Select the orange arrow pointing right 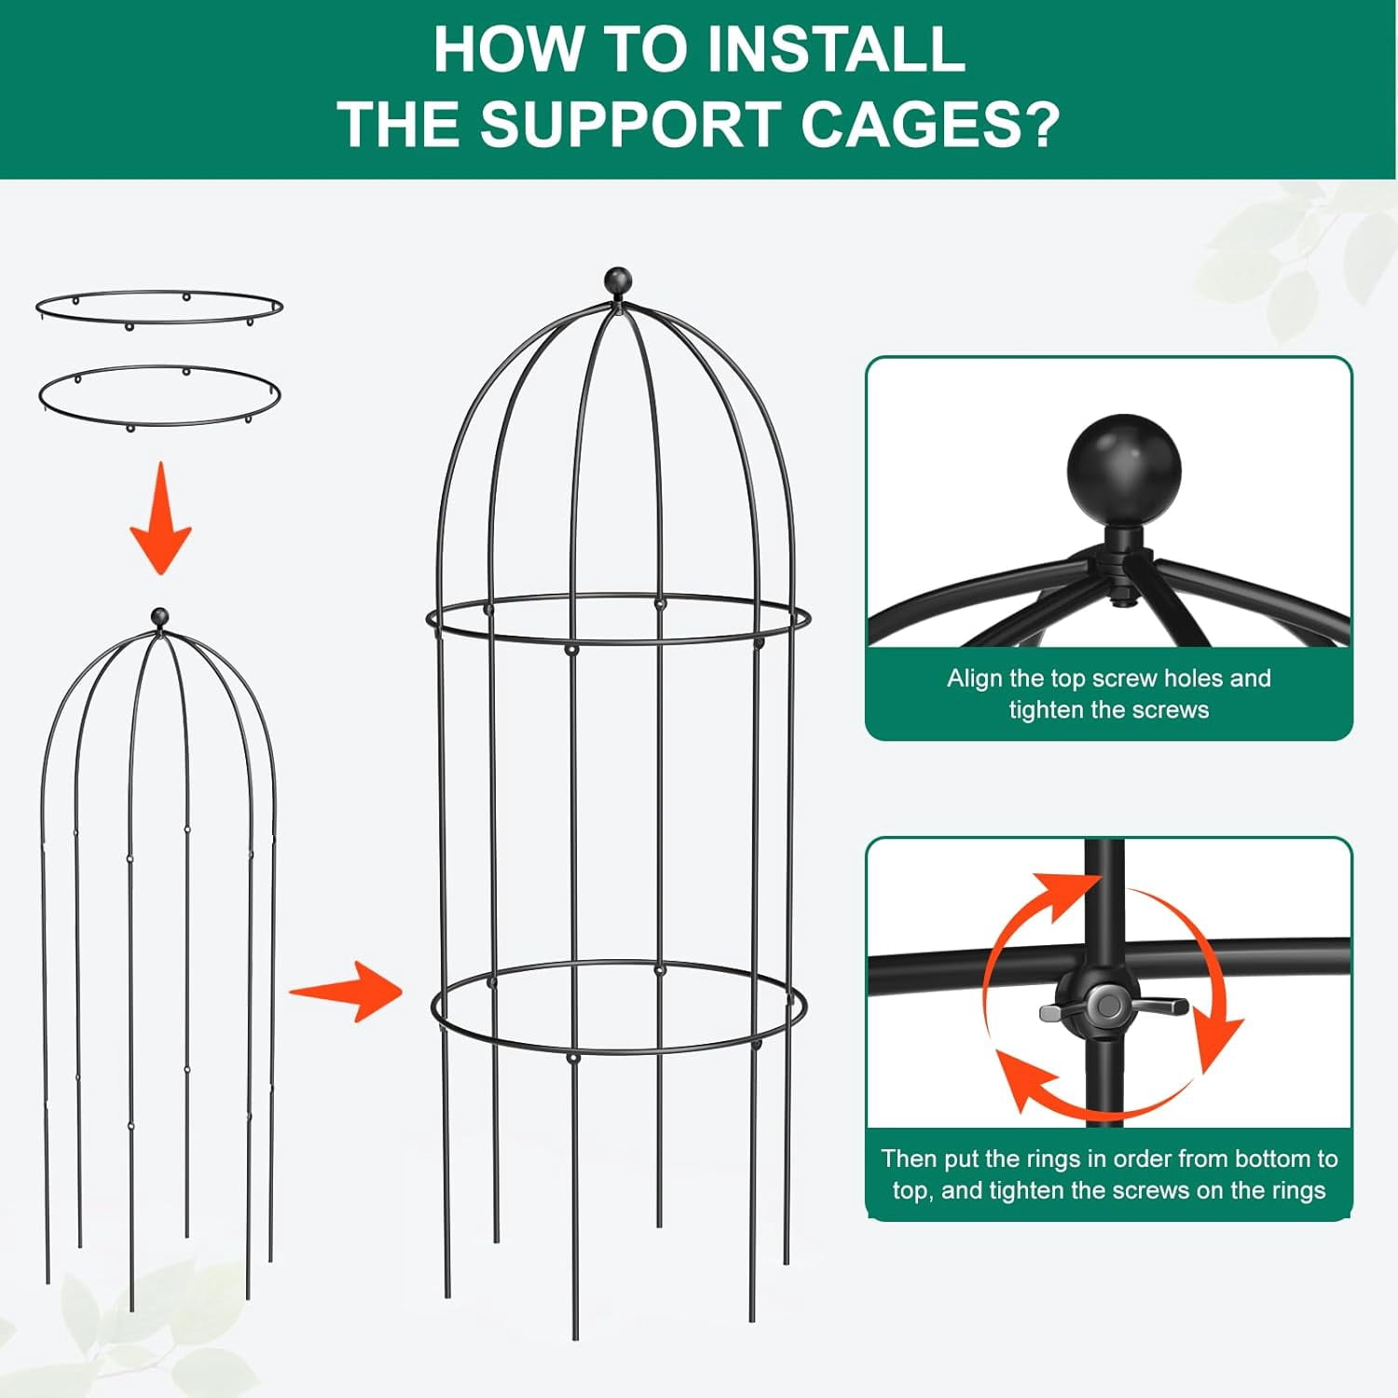346,991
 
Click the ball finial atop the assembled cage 617,280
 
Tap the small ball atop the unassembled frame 160,617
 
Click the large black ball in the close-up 1124,470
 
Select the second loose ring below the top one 159,425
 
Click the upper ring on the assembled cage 618,641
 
